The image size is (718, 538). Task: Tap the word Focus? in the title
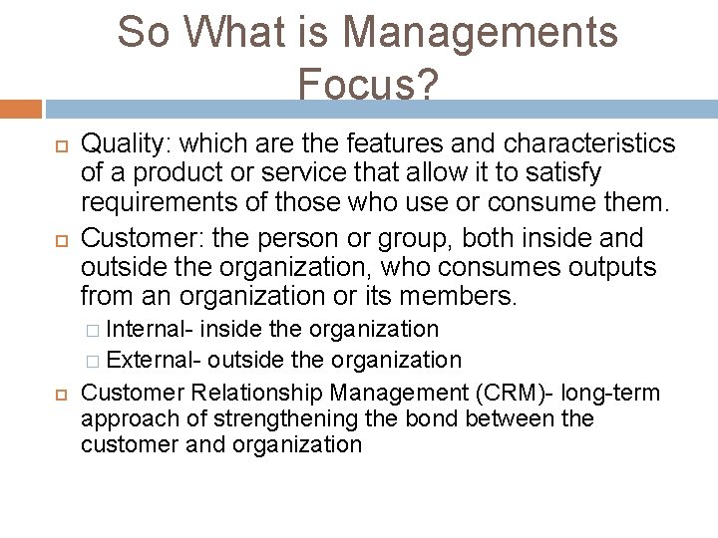click(x=367, y=87)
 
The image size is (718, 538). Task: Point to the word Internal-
click(x=149, y=329)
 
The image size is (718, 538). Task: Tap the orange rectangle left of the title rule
click(x=21, y=109)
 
